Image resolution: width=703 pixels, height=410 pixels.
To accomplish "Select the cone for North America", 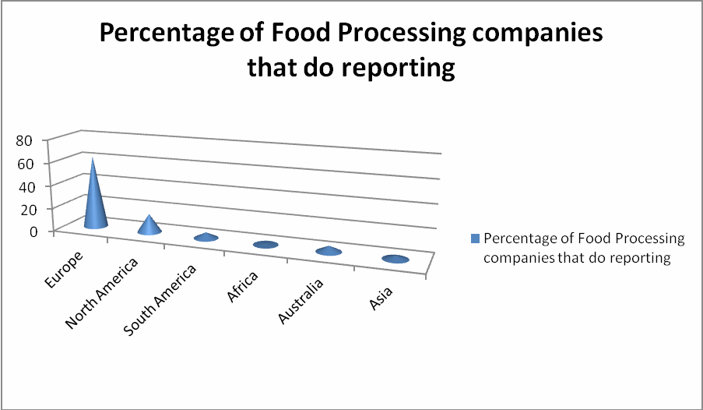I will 149,226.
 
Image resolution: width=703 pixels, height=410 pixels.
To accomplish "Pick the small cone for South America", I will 206,237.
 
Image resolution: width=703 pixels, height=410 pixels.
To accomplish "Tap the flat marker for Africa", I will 265,245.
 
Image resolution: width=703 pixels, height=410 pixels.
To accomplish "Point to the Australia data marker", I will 329,251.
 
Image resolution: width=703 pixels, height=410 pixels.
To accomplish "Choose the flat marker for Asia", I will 395,259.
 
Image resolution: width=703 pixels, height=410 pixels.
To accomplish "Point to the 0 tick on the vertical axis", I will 32,232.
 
